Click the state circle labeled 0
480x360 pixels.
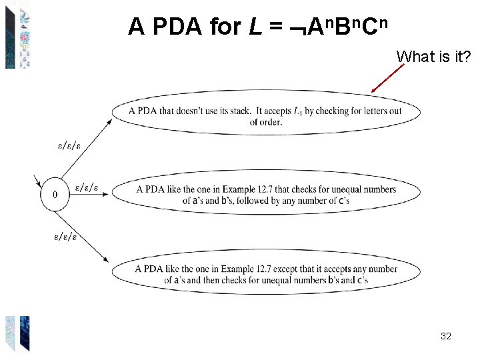pyautogui.click(x=55, y=194)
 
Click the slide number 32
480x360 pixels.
pyautogui.click(x=446, y=337)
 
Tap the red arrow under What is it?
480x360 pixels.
pyautogui.click(x=388, y=77)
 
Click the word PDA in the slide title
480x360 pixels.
pyautogui.click(x=175, y=27)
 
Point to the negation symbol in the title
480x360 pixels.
pyautogui.click(x=293, y=28)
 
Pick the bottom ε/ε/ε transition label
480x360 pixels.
pyautogui.click(x=65, y=236)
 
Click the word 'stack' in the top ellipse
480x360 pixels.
pyautogui.click(x=241, y=111)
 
